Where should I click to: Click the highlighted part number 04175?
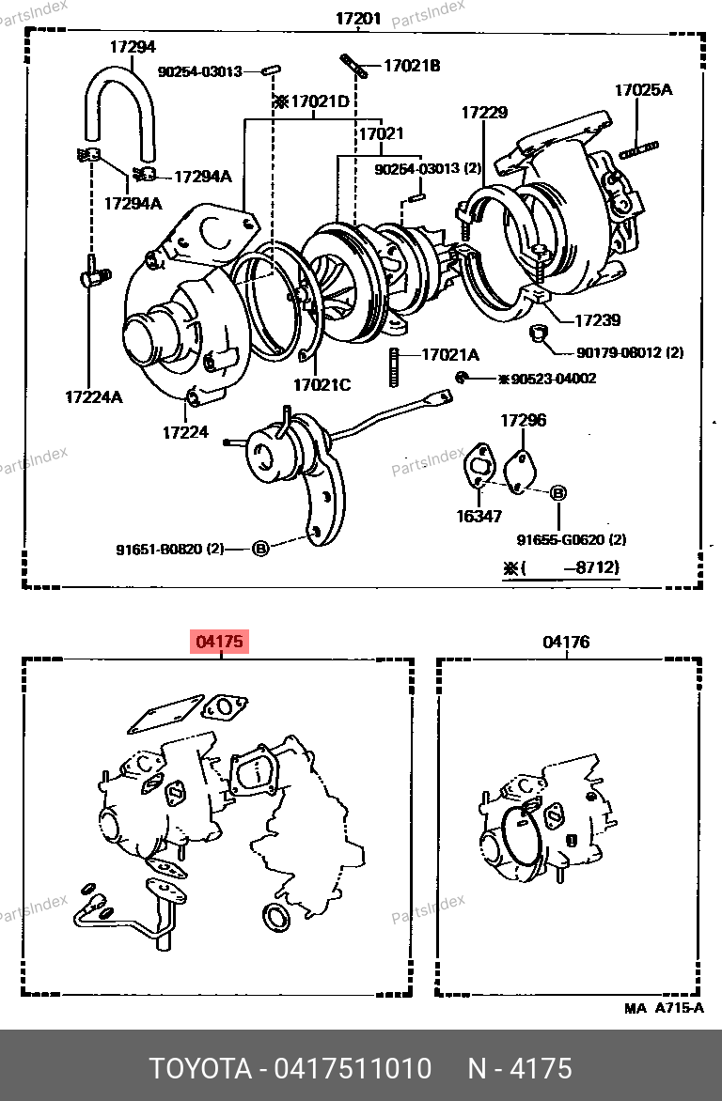point(219,642)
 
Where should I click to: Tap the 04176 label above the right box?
point(566,642)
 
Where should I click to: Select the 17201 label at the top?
point(358,18)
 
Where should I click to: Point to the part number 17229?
point(484,113)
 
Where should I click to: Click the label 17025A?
point(643,90)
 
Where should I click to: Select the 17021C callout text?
point(322,385)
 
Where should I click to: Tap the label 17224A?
point(93,397)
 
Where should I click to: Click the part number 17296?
point(523,421)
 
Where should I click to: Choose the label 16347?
point(479,517)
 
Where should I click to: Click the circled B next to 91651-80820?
point(260,549)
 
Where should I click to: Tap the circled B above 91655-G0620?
point(558,493)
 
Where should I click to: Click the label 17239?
point(598,321)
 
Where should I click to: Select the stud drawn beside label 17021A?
point(394,367)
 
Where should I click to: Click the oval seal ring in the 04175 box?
point(275,918)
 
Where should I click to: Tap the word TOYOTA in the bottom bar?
point(200,1069)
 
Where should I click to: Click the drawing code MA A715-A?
point(664,1008)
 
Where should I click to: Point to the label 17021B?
point(412,66)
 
